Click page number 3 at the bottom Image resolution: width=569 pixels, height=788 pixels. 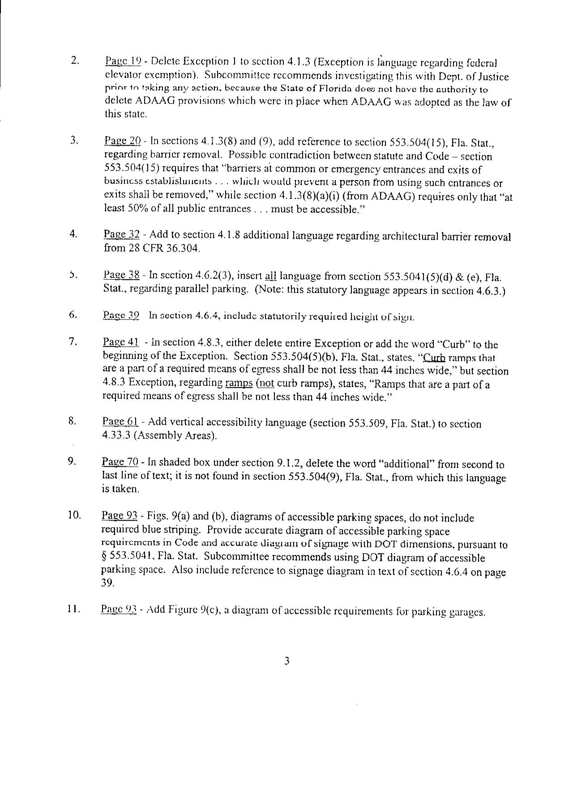click(x=287, y=661)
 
